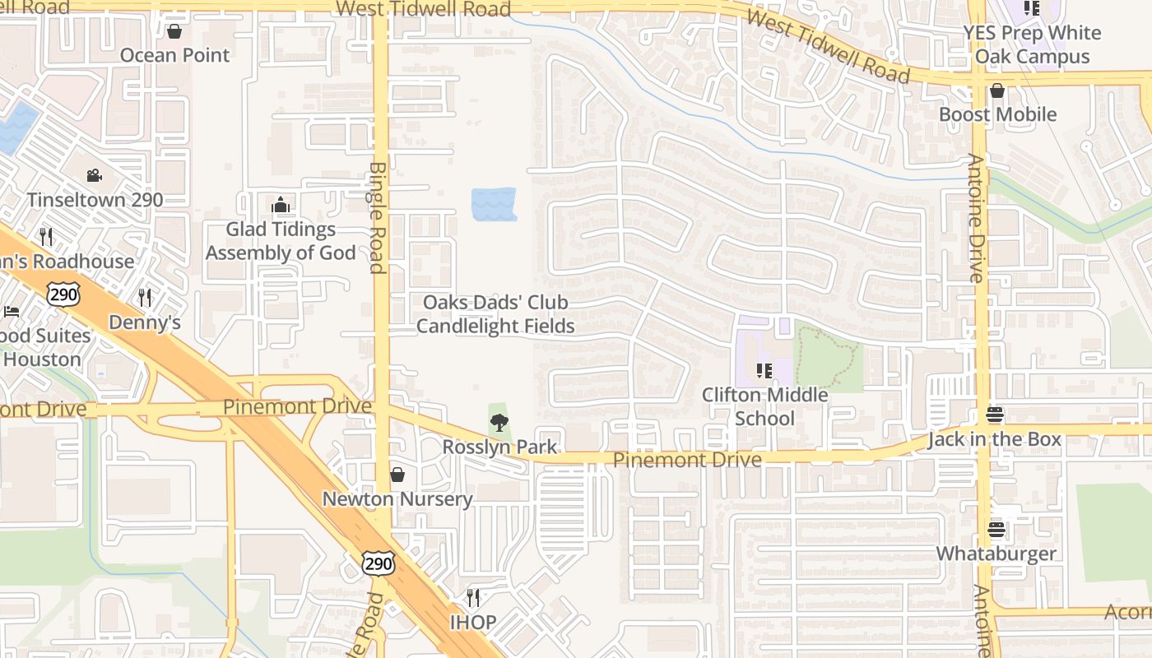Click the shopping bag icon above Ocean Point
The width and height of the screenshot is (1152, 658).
174,32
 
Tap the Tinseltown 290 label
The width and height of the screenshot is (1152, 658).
95,200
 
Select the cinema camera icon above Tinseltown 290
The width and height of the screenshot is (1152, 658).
95,176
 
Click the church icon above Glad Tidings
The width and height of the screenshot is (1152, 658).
281,205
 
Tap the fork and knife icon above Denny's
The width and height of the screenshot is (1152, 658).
145,297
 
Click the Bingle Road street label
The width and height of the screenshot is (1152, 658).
378,217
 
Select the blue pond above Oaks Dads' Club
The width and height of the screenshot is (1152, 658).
494,204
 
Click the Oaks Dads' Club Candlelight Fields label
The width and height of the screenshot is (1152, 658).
495,314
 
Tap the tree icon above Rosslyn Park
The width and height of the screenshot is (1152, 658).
499,423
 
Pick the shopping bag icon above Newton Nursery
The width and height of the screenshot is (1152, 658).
397,475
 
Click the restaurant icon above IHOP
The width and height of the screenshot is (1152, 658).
473,597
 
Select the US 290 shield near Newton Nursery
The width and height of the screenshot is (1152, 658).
379,563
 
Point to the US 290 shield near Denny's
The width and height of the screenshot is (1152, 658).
63,294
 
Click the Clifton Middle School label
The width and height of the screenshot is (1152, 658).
764,406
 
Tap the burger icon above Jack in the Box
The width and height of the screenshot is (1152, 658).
996,415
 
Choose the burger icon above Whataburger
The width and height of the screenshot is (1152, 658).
996,529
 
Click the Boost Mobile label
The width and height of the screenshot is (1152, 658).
997,114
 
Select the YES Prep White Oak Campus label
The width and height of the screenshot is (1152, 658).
1032,44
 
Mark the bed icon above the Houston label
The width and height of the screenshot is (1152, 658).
11,311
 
